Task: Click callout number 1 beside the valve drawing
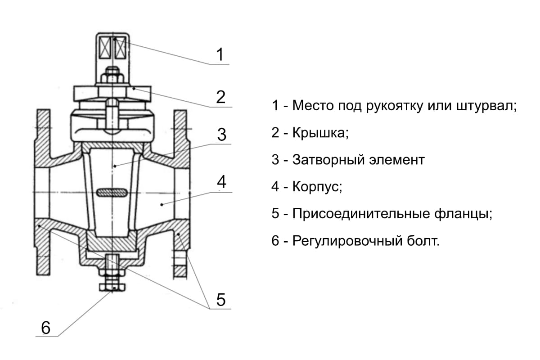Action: pyautogui.click(x=220, y=54)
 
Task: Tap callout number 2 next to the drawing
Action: pyautogui.click(x=220, y=97)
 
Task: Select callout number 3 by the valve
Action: pyautogui.click(x=221, y=134)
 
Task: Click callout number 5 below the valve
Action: pyautogui.click(x=221, y=300)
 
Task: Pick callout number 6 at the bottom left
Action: pyautogui.click(x=45, y=328)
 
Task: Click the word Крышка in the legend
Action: pyautogui.click(x=320, y=132)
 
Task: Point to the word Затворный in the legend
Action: pyautogui.click(x=328, y=160)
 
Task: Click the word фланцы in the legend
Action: pyautogui.click(x=463, y=214)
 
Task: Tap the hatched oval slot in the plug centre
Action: pyautogui.click(x=112, y=193)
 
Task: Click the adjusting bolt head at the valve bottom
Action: pyautogui.click(x=112, y=287)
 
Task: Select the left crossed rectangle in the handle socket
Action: pyautogui.click(x=105, y=49)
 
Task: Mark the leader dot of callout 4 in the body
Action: pyautogui.click(x=162, y=205)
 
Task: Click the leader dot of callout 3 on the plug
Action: pyautogui.click(x=115, y=166)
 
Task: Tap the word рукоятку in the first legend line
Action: pyautogui.click(x=394, y=106)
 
